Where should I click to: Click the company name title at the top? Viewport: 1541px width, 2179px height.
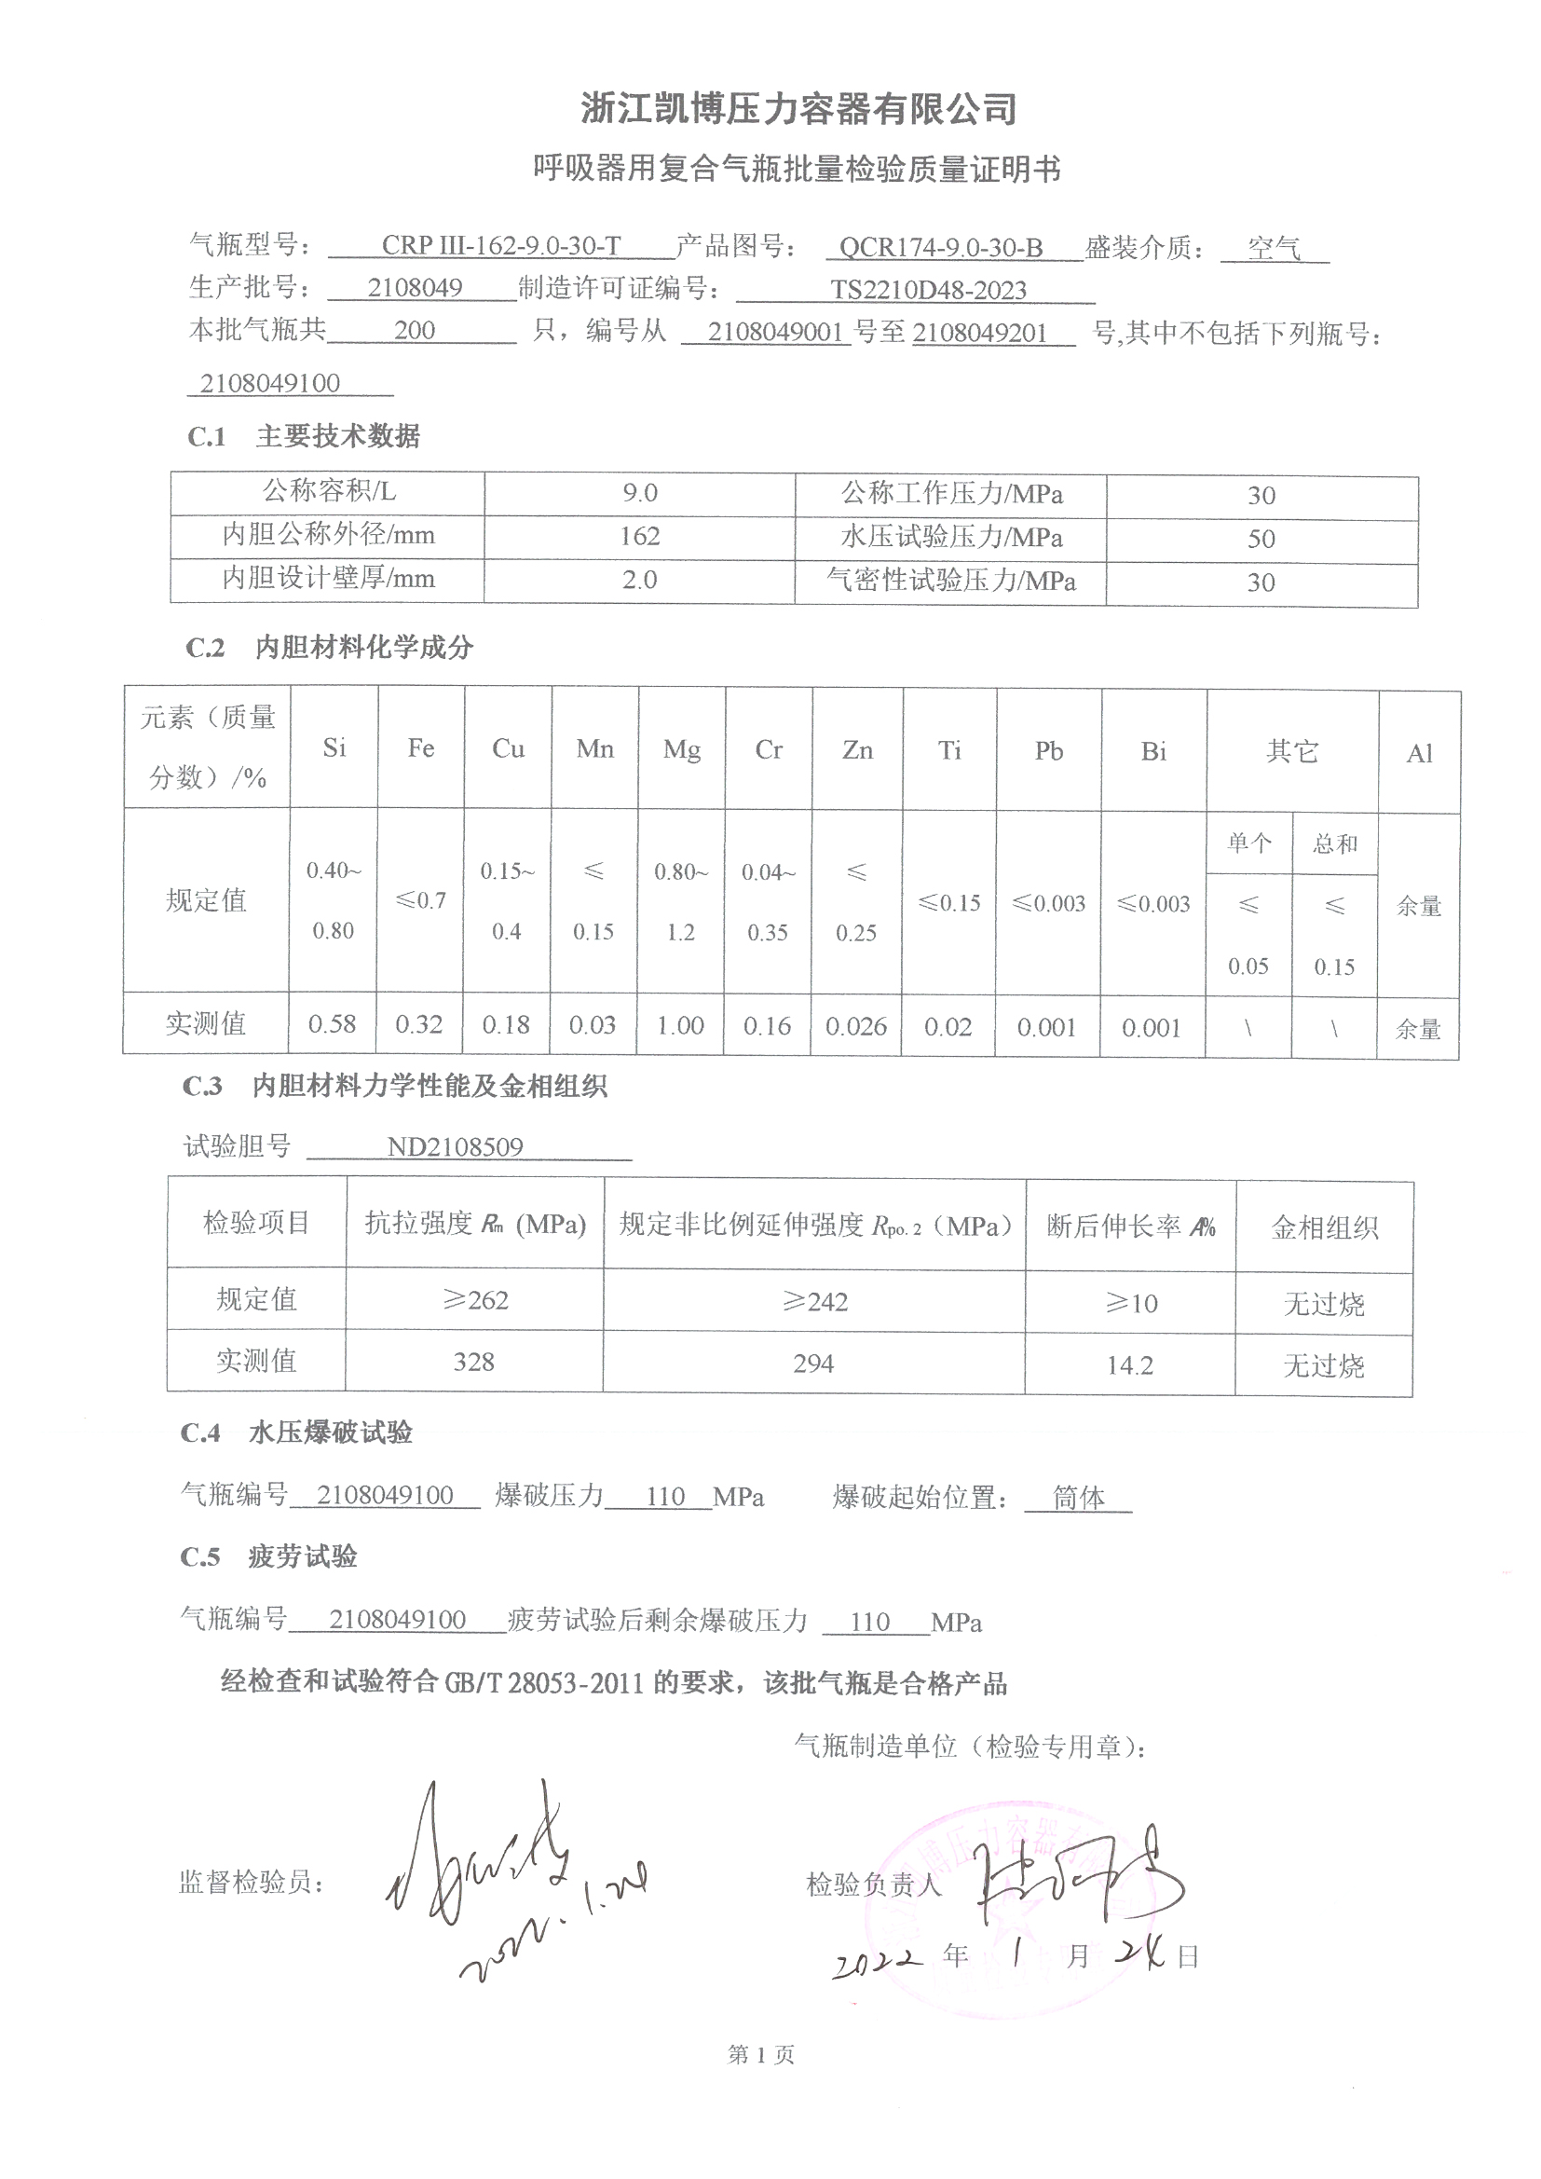pos(798,109)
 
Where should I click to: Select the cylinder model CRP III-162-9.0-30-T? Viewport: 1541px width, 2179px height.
pos(501,246)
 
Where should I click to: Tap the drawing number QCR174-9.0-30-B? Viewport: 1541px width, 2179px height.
pos(941,248)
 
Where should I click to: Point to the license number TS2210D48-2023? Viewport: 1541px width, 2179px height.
pos(928,291)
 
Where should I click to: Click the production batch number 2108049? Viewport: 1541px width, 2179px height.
pos(415,288)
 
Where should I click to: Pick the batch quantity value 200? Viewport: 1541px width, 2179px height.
pos(415,330)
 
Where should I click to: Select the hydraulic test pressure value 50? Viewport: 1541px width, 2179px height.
pos(1261,539)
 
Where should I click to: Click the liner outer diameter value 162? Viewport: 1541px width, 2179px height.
pos(639,536)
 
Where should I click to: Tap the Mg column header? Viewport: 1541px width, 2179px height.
pos(681,749)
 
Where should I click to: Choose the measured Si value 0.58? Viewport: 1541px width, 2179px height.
pos(332,1024)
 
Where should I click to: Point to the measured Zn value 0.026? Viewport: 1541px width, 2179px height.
pos(856,1026)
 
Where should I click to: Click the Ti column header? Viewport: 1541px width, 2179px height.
pos(948,750)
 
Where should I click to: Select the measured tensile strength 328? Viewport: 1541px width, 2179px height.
pos(473,1362)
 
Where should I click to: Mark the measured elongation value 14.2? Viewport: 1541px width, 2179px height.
pos(1129,1364)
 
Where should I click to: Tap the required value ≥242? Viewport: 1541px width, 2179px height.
pos(814,1301)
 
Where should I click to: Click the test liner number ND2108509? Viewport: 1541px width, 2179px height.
pos(455,1146)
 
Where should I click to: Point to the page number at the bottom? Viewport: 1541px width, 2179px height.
pos(761,2055)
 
